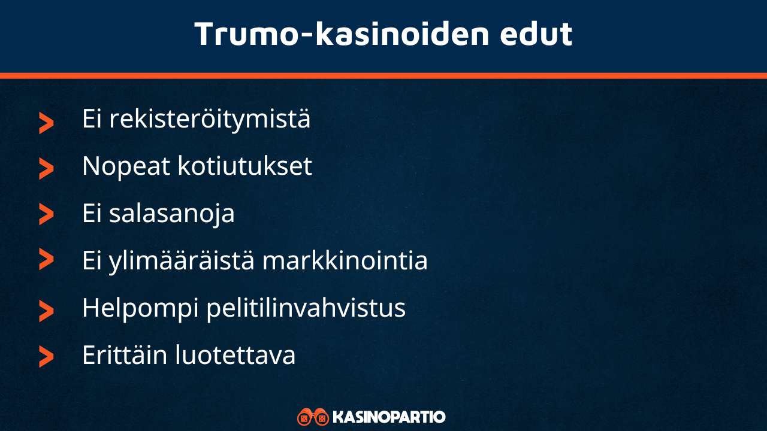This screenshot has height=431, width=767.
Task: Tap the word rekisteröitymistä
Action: [210, 119]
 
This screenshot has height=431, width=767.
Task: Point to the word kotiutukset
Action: [244, 166]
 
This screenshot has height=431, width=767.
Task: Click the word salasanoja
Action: [171, 214]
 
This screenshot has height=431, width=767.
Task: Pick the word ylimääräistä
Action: [182, 261]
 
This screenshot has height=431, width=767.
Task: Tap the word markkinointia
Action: [345, 261]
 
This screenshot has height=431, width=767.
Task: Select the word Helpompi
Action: [139, 308]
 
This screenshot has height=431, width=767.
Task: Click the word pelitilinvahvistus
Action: [306, 308]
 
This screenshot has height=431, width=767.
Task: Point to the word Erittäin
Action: [123, 356]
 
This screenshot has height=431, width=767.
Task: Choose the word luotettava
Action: [235, 356]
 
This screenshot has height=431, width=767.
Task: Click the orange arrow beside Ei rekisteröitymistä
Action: [46, 123]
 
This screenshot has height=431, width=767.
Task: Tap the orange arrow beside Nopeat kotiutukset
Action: [46, 169]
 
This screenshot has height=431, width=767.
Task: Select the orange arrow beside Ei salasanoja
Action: [46, 214]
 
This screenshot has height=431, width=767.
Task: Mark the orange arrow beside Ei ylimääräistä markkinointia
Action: [46, 260]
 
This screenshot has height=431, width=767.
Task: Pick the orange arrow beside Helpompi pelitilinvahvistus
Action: [46, 311]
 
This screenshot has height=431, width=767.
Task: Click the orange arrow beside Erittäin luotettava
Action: [46, 357]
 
